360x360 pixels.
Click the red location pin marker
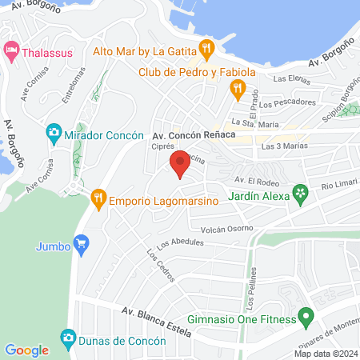pos(180,163)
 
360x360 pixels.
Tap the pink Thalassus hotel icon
pos(11,50)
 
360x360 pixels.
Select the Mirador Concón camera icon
pos(54,131)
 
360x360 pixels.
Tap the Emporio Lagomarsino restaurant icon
pos(98,197)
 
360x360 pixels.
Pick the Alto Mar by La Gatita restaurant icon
pos(206,49)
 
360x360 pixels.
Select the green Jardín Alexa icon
pos(300,192)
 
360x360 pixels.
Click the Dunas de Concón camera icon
pos(67,338)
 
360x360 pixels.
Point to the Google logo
pos(26,350)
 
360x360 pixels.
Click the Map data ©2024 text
pos(325,354)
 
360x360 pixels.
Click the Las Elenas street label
pos(290,79)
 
